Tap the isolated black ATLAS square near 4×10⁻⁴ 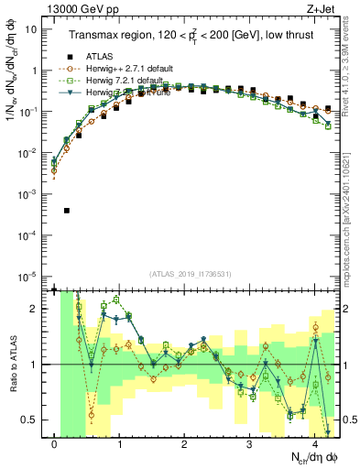click(67, 211)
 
